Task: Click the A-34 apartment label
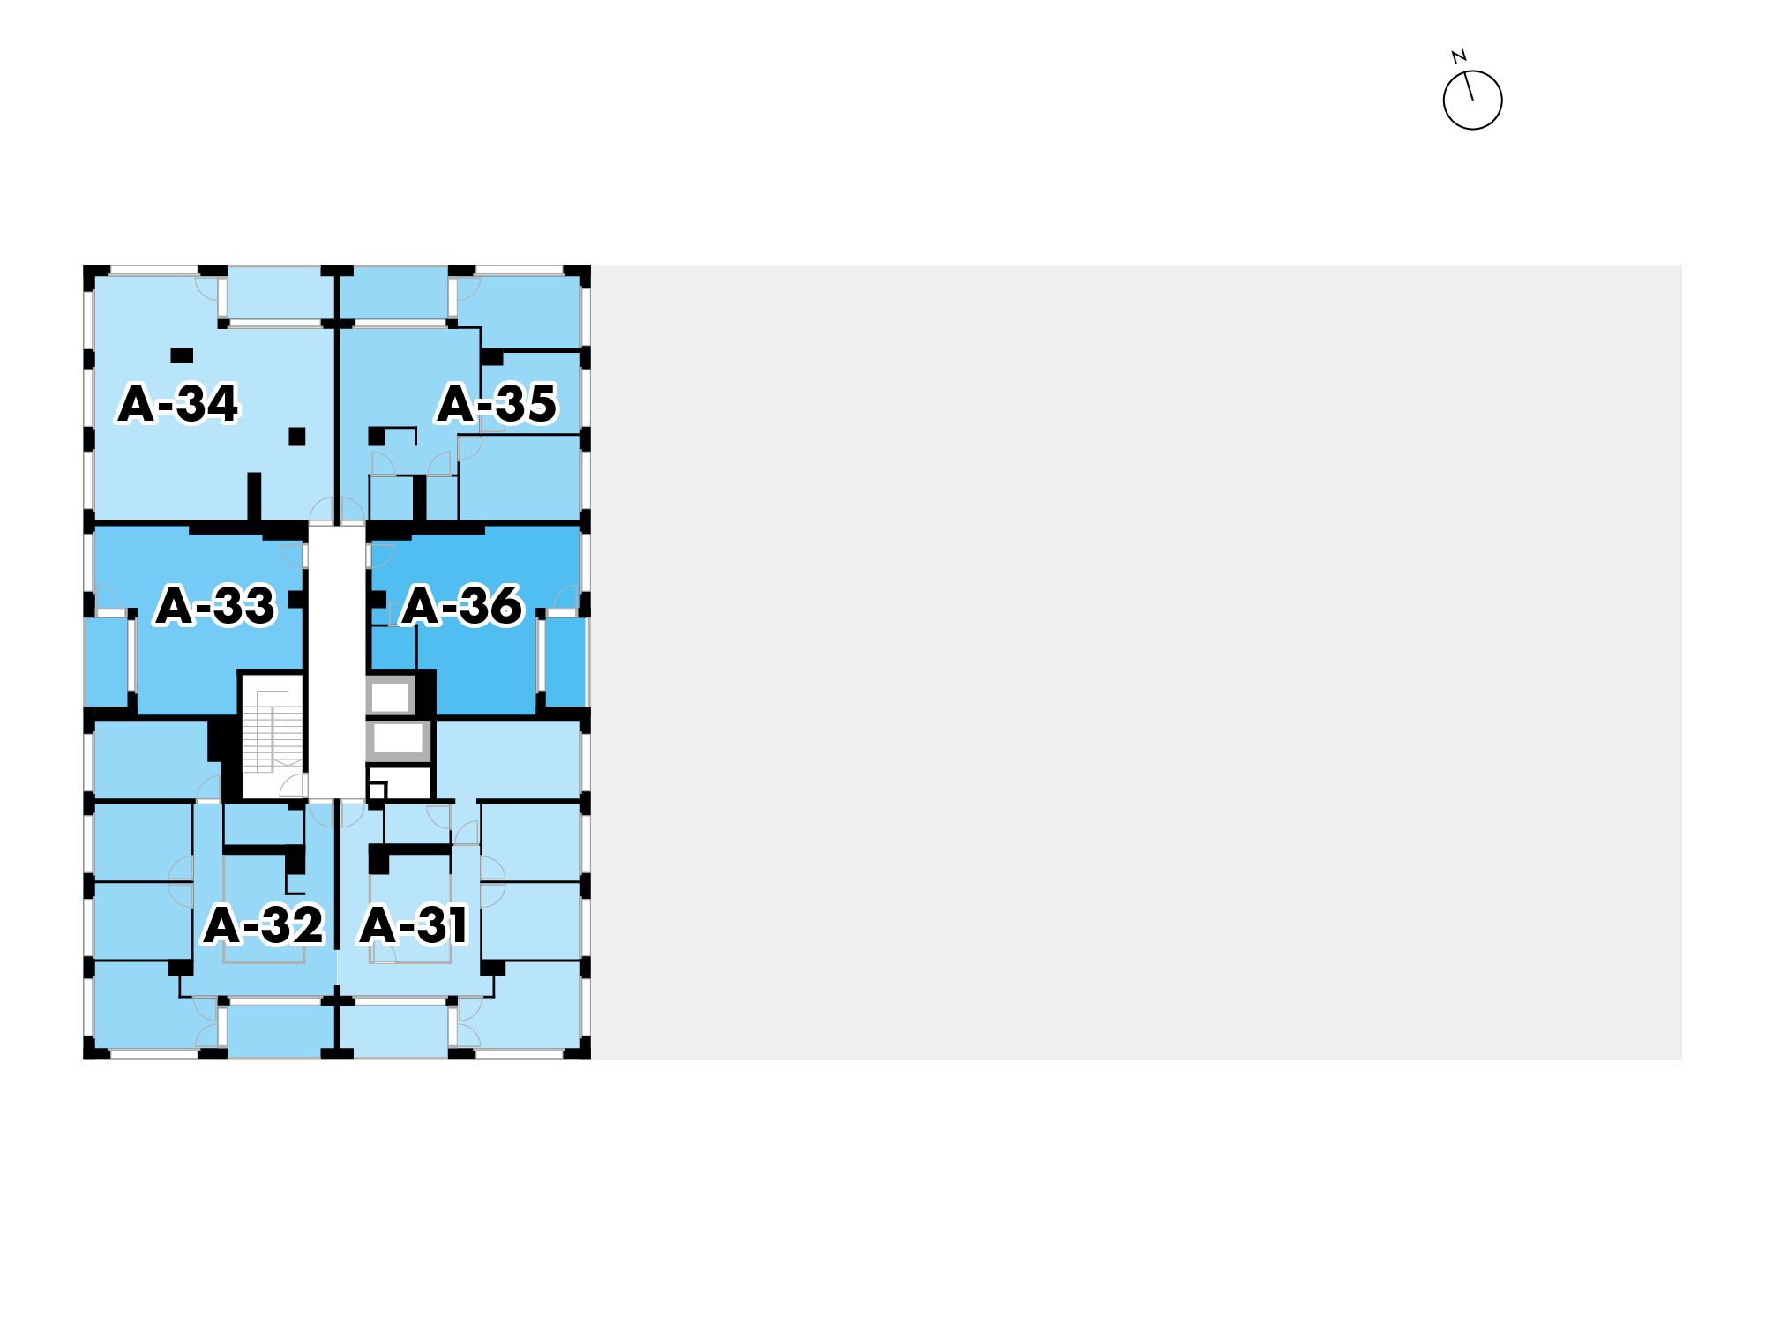pos(178,404)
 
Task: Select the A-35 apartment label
pos(497,404)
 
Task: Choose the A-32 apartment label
pos(264,925)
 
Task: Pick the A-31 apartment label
pos(414,925)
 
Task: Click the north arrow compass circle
pos(1472,101)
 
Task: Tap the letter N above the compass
pos(1459,56)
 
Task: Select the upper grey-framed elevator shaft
pos(390,697)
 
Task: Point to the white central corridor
pos(336,662)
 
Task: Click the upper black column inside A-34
pos(182,355)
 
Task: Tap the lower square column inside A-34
pos(297,437)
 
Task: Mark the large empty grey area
pos(1136,662)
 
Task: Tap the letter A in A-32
pos(221,925)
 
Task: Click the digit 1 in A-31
pos(457,925)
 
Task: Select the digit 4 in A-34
pos(221,404)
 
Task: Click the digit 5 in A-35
pos(540,404)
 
